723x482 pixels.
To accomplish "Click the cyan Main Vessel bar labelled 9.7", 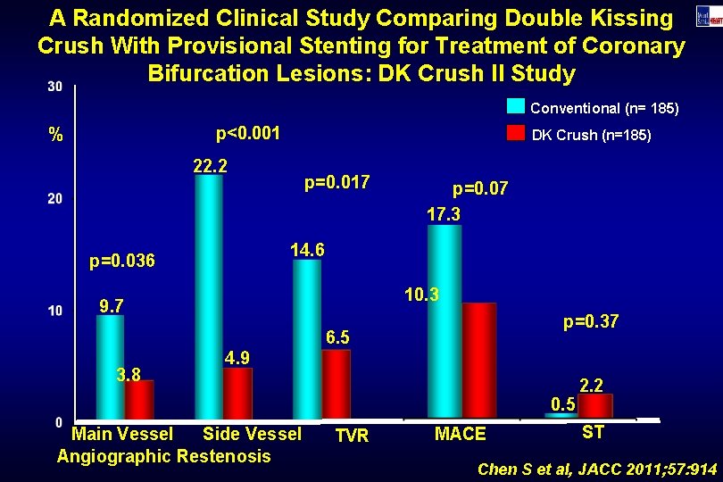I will point(110,366).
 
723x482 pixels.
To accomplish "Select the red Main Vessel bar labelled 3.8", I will point(139,399).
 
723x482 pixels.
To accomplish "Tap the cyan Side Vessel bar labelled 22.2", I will point(209,295).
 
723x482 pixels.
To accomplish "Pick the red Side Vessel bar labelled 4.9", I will point(237,393).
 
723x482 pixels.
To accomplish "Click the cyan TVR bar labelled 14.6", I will point(307,338).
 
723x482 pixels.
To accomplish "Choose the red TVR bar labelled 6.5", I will point(336,383).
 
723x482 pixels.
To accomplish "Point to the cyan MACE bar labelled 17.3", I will point(445,321).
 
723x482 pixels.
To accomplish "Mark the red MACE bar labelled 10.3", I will point(478,360).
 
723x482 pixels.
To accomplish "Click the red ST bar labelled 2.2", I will point(595,405).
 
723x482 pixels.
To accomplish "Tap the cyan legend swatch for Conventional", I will point(516,106).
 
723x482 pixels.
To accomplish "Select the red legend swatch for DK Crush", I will point(516,133).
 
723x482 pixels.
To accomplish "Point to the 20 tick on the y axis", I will point(54,198).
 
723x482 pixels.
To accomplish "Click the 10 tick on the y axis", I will point(54,311).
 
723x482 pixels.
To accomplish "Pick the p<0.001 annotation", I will point(248,134).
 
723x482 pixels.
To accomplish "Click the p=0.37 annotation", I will point(591,321).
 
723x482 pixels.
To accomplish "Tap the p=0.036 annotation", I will point(122,262).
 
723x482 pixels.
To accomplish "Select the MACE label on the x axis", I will point(460,434).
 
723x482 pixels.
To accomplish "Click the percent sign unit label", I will point(56,137).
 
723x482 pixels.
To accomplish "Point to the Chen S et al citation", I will point(597,468).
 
